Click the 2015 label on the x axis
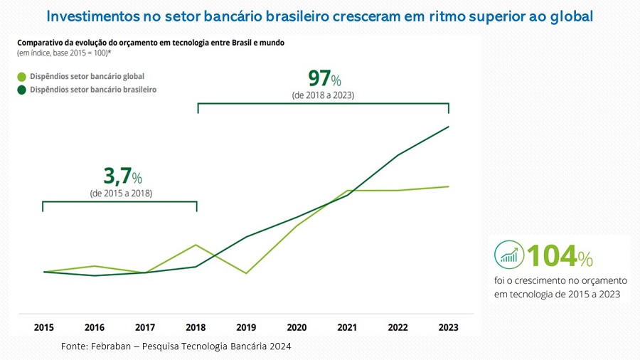point(44,327)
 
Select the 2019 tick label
point(246,327)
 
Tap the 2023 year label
point(448,327)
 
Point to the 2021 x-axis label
point(347,327)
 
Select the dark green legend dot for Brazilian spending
point(21,90)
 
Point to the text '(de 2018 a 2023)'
point(324,95)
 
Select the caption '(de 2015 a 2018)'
point(121,193)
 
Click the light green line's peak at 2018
point(196,245)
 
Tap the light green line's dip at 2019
point(246,273)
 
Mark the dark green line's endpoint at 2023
point(448,127)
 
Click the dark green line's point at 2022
point(398,155)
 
